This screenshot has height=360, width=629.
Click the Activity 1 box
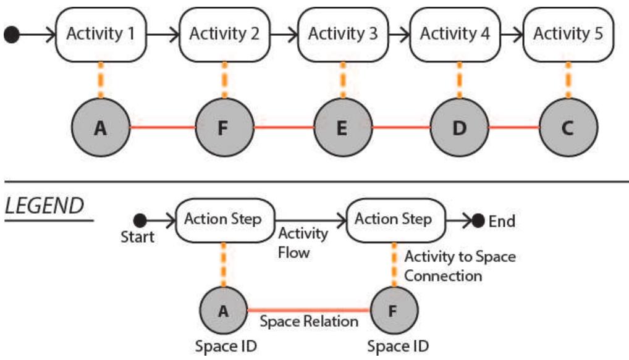101,34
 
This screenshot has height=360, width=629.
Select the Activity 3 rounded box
342,34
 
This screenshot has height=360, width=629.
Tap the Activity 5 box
568,34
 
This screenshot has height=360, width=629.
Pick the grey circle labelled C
568,128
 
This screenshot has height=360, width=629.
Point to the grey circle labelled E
342,128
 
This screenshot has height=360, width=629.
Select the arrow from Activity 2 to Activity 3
284,35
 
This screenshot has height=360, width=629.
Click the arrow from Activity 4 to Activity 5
511,35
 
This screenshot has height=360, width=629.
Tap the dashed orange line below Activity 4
458,80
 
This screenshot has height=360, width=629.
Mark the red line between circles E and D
400,128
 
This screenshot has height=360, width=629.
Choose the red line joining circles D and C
513,128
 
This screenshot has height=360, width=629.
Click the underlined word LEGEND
44,206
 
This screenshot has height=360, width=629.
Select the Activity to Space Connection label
459,266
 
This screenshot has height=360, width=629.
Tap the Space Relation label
308,321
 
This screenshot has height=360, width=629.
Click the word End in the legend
502,222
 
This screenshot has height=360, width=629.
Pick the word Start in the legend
137,237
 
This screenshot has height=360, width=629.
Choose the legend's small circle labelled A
223,309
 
